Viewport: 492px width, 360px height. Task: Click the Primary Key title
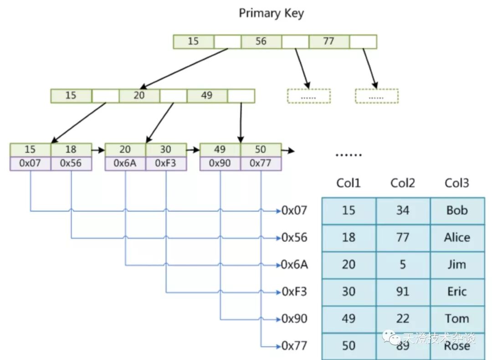(x=271, y=13)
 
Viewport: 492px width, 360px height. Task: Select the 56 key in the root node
(x=261, y=41)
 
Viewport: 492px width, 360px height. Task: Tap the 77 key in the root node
(x=329, y=41)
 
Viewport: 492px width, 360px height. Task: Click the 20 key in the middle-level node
(x=139, y=96)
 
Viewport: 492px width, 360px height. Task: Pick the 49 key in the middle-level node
(x=207, y=96)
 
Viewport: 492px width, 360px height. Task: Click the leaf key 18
(x=71, y=149)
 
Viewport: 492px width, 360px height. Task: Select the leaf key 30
(x=166, y=149)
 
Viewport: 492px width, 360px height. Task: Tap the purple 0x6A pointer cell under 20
(x=125, y=163)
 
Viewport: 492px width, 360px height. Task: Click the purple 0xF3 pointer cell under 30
(x=166, y=163)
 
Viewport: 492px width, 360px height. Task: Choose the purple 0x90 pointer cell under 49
(x=220, y=163)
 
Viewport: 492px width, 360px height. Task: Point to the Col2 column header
(x=403, y=183)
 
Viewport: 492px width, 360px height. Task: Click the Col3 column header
(x=457, y=183)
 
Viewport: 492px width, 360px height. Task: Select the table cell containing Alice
(x=457, y=237)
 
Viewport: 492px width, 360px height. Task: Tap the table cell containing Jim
(x=457, y=264)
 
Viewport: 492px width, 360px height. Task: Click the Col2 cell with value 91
(x=403, y=292)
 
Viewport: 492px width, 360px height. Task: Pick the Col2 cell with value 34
(x=403, y=211)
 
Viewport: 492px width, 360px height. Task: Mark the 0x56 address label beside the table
(x=294, y=237)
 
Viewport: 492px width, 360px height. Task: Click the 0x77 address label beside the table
(x=294, y=346)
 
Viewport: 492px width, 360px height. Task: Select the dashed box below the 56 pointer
(x=309, y=96)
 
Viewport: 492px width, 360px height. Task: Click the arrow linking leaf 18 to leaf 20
(x=98, y=149)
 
